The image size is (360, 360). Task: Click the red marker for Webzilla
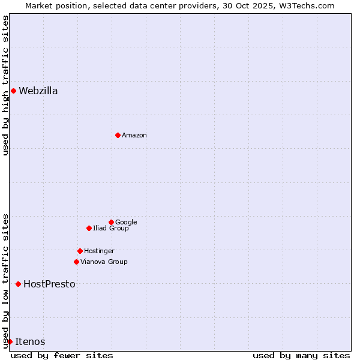coord(13,91)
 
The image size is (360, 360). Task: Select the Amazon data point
coord(118,136)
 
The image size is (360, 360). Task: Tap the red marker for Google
coord(111,222)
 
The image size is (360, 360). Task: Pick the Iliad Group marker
coord(89,228)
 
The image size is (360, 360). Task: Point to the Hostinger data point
coord(80,251)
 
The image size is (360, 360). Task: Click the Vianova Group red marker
coord(76,262)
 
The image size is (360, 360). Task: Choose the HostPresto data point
coord(18,284)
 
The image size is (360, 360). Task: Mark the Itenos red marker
coord(10,341)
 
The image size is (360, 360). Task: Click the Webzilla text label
coord(38,91)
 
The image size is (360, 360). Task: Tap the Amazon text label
coord(134,136)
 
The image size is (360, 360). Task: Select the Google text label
coord(126,222)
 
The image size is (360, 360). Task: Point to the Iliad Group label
coord(111,228)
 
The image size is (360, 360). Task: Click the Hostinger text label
coord(99,251)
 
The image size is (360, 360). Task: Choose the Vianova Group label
coord(104,262)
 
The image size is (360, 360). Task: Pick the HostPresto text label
coord(49,284)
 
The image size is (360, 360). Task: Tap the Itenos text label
coord(30,341)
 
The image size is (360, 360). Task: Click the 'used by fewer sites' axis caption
coord(62,355)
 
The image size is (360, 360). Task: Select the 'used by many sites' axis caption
coord(301,355)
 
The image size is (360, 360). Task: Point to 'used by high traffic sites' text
coord(5,85)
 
